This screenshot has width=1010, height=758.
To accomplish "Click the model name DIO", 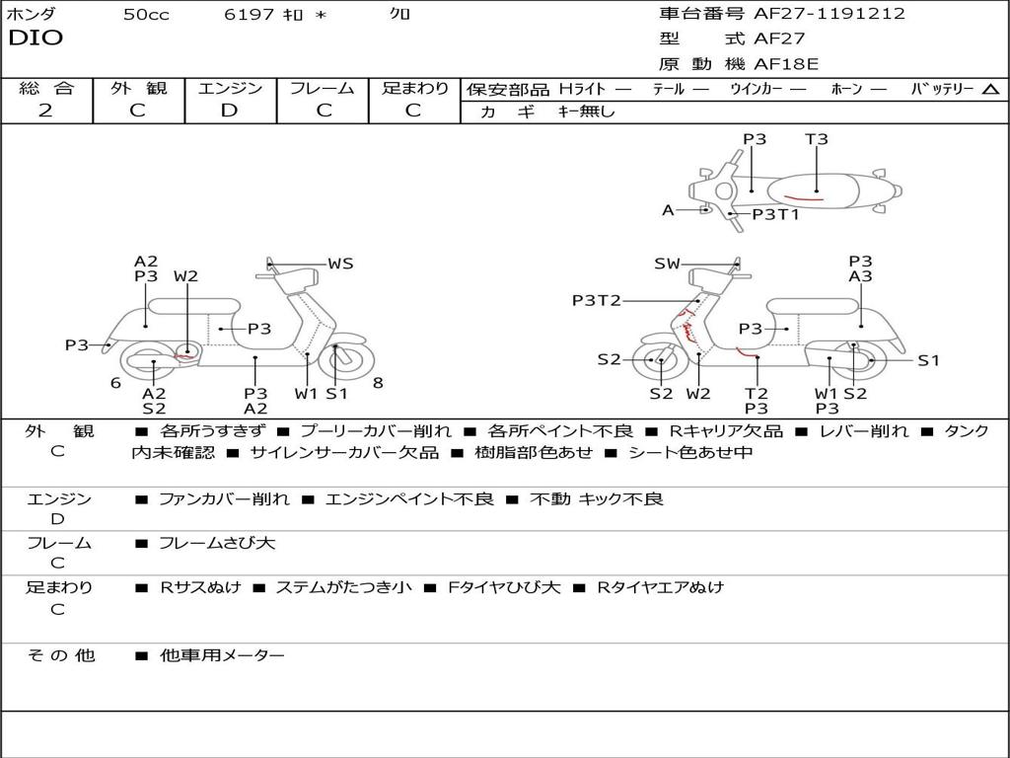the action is point(36,38).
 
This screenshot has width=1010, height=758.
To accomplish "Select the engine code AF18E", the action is point(786,64).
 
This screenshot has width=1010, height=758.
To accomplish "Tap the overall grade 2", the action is point(45,111).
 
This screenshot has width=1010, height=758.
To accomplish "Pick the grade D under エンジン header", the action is point(229,111).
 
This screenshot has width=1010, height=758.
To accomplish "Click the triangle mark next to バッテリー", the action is point(990,90).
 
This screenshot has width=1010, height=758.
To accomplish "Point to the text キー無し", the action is point(587,112).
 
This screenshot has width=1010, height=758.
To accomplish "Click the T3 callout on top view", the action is point(816,138).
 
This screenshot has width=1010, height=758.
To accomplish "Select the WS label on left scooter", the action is point(340,264).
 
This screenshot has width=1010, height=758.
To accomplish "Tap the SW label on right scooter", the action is point(667,264).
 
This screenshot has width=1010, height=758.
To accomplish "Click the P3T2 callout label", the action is point(597,300).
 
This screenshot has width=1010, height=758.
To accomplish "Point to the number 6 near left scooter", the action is point(116,383).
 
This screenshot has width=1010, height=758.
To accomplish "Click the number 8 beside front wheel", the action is point(378,383).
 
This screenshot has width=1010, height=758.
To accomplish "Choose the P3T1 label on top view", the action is point(775,214).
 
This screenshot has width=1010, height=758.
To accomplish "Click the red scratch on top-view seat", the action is point(803,197).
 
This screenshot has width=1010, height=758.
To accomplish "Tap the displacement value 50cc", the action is point(146,15).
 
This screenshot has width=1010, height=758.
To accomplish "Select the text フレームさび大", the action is point(217,544).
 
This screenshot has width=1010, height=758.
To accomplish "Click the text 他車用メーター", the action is point(222,655).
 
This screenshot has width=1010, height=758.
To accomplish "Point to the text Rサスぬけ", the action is point(200,588).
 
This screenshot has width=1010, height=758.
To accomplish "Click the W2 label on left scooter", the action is point(186,276).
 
